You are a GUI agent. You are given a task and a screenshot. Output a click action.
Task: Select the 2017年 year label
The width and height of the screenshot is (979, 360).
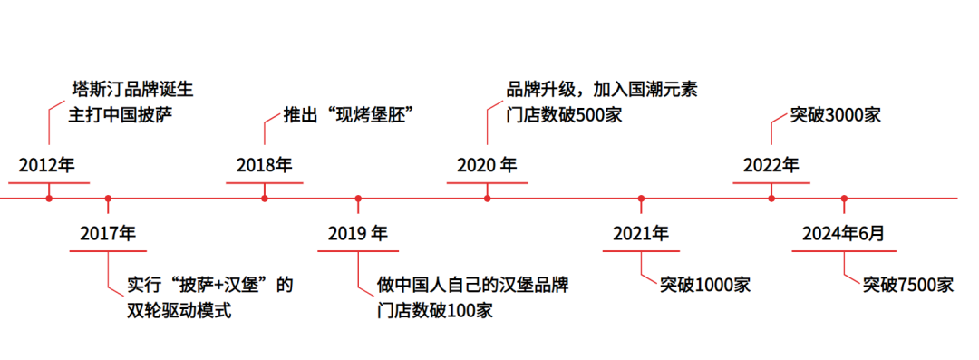tap(107, 233)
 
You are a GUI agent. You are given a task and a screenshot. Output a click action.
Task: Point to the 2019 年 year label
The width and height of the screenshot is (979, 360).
tap(358, 233)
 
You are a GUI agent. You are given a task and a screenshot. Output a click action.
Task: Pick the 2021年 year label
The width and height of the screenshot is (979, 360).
tap(641, 233)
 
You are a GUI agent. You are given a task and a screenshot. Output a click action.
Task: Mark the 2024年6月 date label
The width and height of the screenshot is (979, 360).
tap(843, 233)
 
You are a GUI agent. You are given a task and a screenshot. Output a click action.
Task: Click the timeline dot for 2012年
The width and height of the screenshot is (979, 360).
tap(49, 198)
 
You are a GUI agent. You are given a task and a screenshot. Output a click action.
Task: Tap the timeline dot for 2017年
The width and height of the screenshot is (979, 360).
tap(108, 198)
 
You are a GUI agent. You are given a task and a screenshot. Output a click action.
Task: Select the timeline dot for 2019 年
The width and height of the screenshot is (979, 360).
tap(358, 198)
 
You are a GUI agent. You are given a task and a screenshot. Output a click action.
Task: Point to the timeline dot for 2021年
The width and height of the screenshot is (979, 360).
tap(641, 198)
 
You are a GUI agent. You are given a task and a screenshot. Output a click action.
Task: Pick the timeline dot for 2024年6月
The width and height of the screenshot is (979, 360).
tap(844, 198)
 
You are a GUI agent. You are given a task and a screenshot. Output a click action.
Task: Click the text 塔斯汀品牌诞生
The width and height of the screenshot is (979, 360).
tap(131, 91)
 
